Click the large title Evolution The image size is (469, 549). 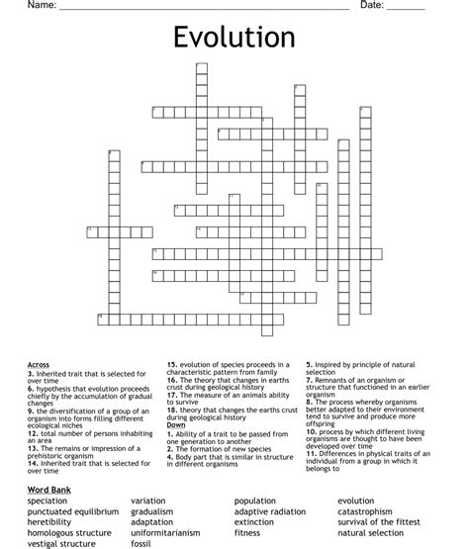[234, 38]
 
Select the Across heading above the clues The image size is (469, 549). [39, 365]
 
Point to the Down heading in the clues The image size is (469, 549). [176, 424]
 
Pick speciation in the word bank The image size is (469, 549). [48, 501]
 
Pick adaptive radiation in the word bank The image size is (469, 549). [270, 511]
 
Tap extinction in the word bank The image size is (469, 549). [254, 522]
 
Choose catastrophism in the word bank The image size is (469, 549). [371, 511]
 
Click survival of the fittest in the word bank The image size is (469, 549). [382, 522]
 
